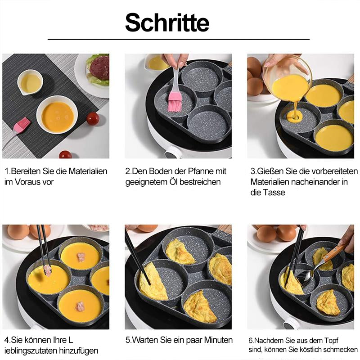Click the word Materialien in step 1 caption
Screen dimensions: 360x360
coord(88,171)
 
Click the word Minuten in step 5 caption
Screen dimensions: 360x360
coord(218,340)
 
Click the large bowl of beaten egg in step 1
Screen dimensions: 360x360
coord(57,115)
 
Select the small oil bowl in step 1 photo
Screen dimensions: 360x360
coord(30,82)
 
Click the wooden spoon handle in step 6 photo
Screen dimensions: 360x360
coord(334,253)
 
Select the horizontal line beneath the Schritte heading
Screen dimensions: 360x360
coord(179,40)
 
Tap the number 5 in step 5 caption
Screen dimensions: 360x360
coord(128,340)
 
